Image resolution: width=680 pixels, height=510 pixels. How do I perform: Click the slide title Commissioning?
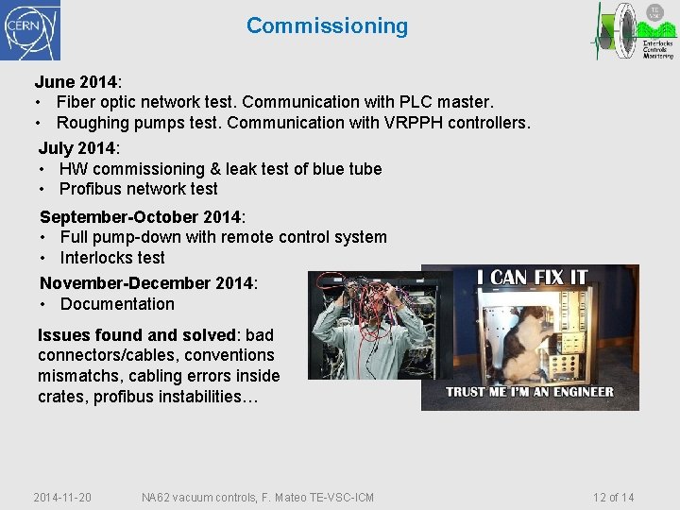point(327,25)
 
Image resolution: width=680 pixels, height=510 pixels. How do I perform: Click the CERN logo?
point(30,30)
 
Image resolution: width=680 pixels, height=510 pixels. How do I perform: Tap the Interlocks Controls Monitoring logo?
point(635,31)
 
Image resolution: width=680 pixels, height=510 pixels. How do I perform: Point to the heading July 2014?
point(78,148)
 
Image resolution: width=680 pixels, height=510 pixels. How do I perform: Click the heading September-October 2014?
point(142,216)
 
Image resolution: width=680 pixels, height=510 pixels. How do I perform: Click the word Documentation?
point(117,304)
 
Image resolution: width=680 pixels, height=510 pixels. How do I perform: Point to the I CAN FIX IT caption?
point(532,278)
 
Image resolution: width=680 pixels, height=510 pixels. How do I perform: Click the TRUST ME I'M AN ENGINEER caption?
point(529,392)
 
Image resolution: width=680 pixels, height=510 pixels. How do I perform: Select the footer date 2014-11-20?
point(62,498)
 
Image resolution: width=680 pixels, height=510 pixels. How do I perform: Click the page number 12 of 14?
point(613,498)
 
